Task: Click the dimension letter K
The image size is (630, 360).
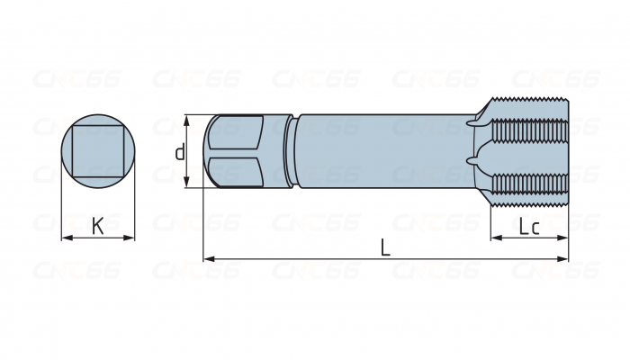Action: [98, 226]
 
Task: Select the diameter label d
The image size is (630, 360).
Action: [180, 152]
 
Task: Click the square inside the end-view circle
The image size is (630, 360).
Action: [97, 151]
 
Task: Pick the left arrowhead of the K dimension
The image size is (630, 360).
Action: [65, 238]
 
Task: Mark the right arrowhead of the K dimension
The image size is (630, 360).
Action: [130, 238]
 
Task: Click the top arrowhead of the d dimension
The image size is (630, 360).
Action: [187, 119]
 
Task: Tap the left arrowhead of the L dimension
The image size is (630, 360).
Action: [208, 259]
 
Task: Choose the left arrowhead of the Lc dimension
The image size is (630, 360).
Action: [494, 238]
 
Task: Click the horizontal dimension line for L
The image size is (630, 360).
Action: [297, 259]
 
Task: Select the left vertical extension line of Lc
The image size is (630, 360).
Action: [490, 220]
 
